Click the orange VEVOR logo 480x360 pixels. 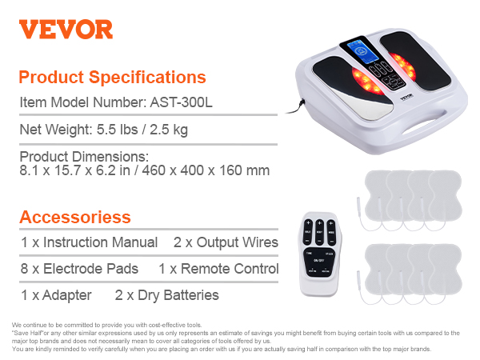[x=66, y=30]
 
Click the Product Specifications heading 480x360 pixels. [x=112, y=77]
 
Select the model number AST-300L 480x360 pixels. [x=181, y=102]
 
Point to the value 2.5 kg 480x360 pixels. [x=169, y=130]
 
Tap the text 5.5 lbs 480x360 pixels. [x=118, y=130]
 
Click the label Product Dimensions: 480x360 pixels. [x=84, y=157]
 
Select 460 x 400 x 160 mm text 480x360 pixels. [x=206, y=170]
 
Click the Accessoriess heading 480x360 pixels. [x=75, y=217]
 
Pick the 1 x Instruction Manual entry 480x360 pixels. [x=89, y=242]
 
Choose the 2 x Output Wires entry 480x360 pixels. [x=226, y=242]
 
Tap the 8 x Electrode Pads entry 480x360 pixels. [x=79, y=269]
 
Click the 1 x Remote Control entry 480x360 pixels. [x=218, y=269]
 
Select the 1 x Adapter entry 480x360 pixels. [x=56, y=295]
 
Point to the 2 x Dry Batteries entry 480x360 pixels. [x=167, y=295]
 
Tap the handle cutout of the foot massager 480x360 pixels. [x=423, y=126]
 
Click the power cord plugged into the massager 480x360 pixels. [x=294, y=107]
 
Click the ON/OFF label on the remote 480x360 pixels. [x=319, y=261]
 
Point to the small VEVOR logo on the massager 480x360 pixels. [x=406, y=98]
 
